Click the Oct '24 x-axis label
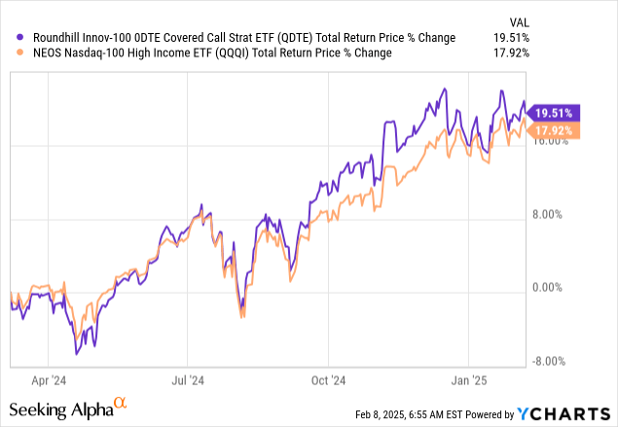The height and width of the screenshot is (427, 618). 329,380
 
